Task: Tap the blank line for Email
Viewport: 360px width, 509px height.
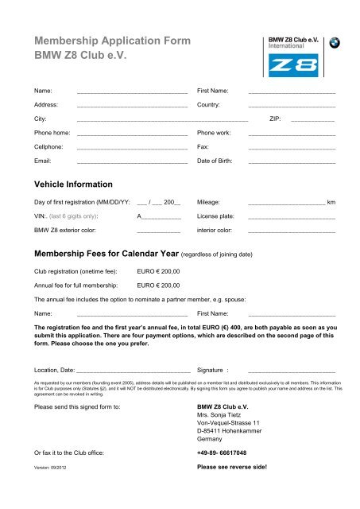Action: [132, 162]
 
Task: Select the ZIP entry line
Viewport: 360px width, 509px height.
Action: [312, 120]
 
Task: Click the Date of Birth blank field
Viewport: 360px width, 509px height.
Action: [292, 162]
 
